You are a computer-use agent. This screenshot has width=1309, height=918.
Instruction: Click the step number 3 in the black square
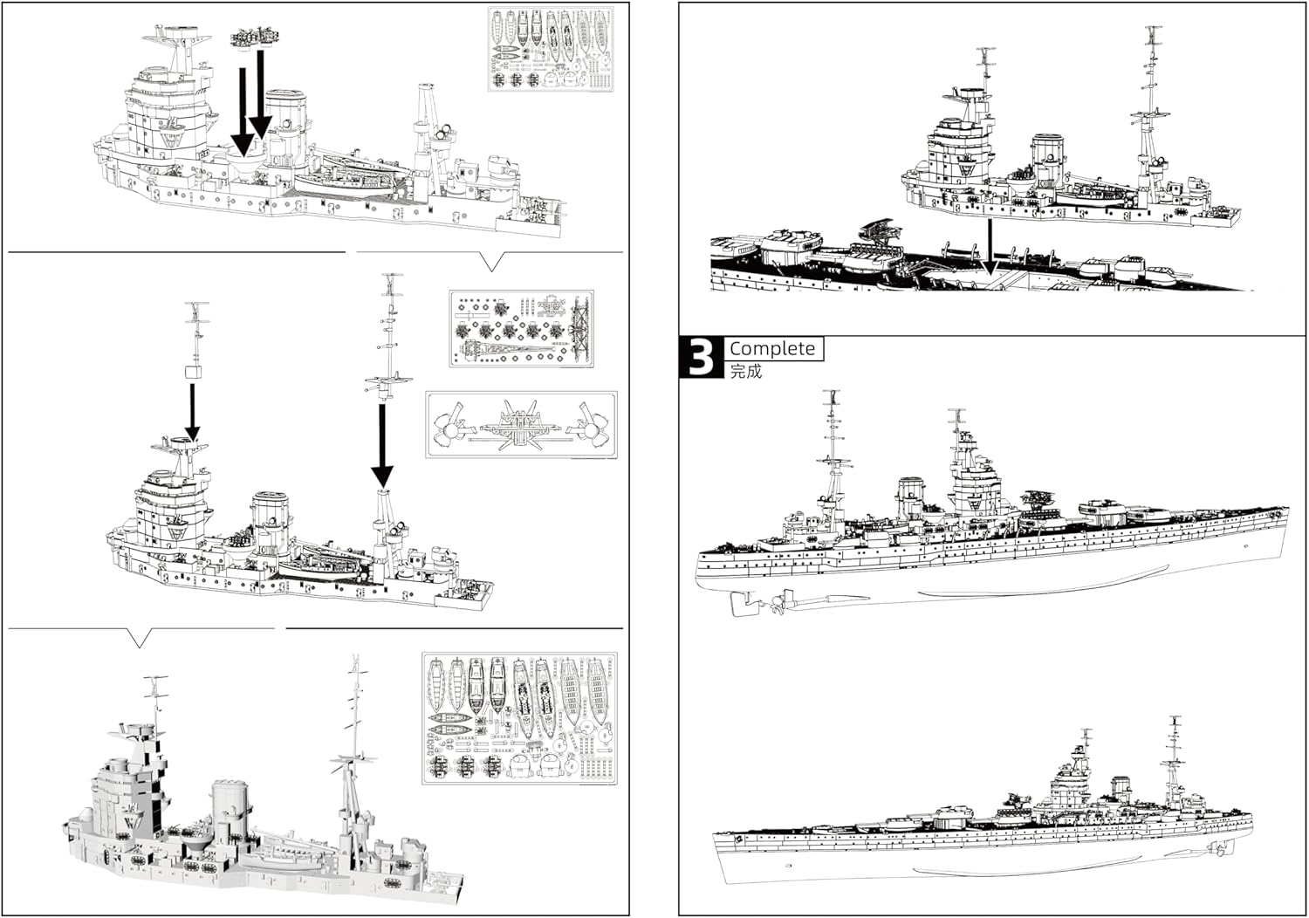tap(702, 358)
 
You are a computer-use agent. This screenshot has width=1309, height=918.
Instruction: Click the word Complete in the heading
tap(772, 348)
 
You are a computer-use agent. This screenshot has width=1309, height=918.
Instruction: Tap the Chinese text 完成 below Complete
tap(746, 372)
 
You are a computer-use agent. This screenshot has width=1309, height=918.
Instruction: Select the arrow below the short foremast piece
tap(192, 410)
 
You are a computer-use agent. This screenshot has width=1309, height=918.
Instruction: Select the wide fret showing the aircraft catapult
tap(521, 424)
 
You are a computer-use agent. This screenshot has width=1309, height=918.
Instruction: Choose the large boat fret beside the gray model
tap(519, 717)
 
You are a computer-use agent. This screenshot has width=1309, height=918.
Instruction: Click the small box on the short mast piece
tap(194, 372)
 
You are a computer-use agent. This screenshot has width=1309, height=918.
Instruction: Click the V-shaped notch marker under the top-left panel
tap(492, 261)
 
